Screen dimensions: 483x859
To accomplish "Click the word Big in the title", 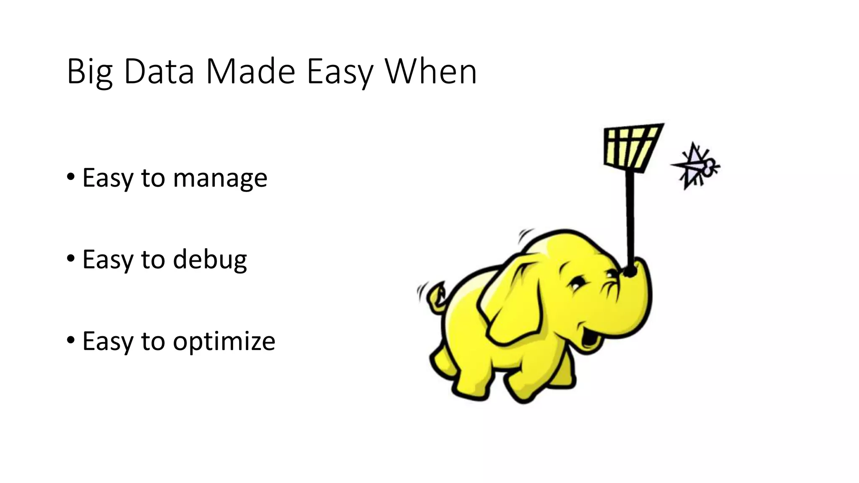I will click(89, 72).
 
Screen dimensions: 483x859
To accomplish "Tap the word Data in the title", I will click(159, 72).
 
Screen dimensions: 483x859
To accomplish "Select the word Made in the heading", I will click(251, 72).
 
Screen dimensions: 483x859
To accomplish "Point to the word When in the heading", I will click(431, 72).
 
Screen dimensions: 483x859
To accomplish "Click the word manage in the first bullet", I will click(220, 178).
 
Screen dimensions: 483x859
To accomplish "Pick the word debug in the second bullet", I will click(210, 260).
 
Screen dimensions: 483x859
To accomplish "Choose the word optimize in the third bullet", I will click(224, 342).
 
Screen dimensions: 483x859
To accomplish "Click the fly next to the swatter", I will click(696, 166).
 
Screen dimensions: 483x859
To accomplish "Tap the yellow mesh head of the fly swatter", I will click(631, 147).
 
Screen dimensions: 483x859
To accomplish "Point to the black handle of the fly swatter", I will click(630, 218).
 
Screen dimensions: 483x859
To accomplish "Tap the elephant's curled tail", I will click(436, 298).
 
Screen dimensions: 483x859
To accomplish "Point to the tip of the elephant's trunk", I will click(629, 272).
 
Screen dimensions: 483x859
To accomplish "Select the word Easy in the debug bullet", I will click(107, 260).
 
